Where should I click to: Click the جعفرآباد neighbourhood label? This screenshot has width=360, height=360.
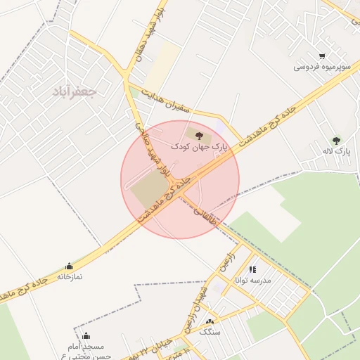click(74, 91)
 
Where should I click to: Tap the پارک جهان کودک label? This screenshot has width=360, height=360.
click(200, 146)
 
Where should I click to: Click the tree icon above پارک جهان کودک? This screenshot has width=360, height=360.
click(200, 134)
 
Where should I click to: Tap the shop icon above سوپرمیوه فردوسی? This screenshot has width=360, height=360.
click(322, 56)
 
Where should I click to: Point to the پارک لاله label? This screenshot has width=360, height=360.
click(336, 151)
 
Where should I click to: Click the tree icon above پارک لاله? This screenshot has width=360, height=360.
click(336, 140)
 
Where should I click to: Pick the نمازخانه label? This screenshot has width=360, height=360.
click(69, 277)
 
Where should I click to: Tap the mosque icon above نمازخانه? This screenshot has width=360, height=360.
click(69, 266)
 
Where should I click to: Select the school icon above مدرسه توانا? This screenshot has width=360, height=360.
click(252, 269)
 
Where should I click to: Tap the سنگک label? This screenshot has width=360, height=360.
click(210, 330)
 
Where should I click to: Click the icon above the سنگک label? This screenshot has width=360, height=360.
click(210, 321)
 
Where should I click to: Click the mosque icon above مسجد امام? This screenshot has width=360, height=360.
click(86, 336)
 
